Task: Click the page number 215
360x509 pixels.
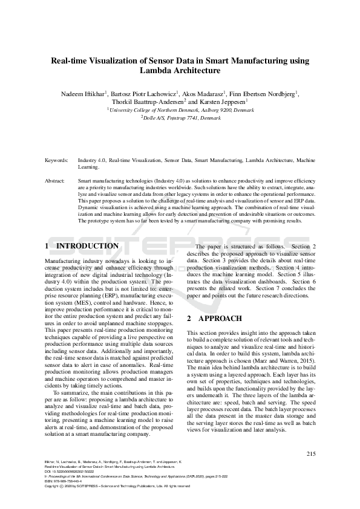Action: (311, 454)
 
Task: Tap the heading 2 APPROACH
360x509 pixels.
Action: (215, 319)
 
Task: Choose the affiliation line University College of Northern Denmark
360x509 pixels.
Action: (180, 111)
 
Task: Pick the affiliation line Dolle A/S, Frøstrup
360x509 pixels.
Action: (180, 118)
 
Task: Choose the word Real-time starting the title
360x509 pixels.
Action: (72, 60)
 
